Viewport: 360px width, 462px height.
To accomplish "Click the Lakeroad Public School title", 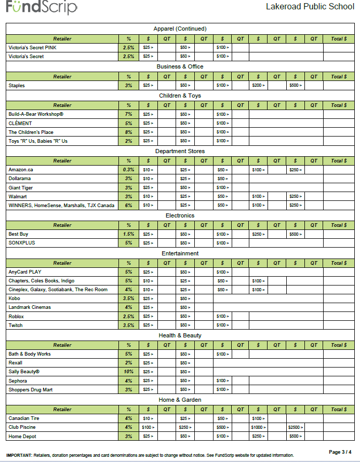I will [310, 7].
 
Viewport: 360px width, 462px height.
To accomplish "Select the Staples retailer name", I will [17, 85].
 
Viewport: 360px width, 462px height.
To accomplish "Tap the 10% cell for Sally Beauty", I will [128, 372].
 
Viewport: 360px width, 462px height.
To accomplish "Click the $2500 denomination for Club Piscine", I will [295, 427].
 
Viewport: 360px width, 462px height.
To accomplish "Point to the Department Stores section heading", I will [180, 151].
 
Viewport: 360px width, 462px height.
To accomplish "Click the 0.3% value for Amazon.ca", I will [128, 170].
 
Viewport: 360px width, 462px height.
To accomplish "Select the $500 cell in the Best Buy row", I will [295, 234].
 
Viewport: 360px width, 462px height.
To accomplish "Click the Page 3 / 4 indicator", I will [340, 452].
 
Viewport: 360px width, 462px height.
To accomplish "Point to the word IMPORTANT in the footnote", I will [19, 455].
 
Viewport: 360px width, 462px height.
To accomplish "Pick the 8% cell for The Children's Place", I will [128, 132].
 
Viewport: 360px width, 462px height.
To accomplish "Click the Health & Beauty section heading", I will [180, 335].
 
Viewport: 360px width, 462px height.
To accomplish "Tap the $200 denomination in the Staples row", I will [258, 85].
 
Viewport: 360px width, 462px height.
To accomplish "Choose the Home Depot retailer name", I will [22, 436].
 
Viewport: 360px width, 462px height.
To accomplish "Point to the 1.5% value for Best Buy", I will [128, 234].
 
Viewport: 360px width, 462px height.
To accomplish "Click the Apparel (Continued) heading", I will [180, 29].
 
